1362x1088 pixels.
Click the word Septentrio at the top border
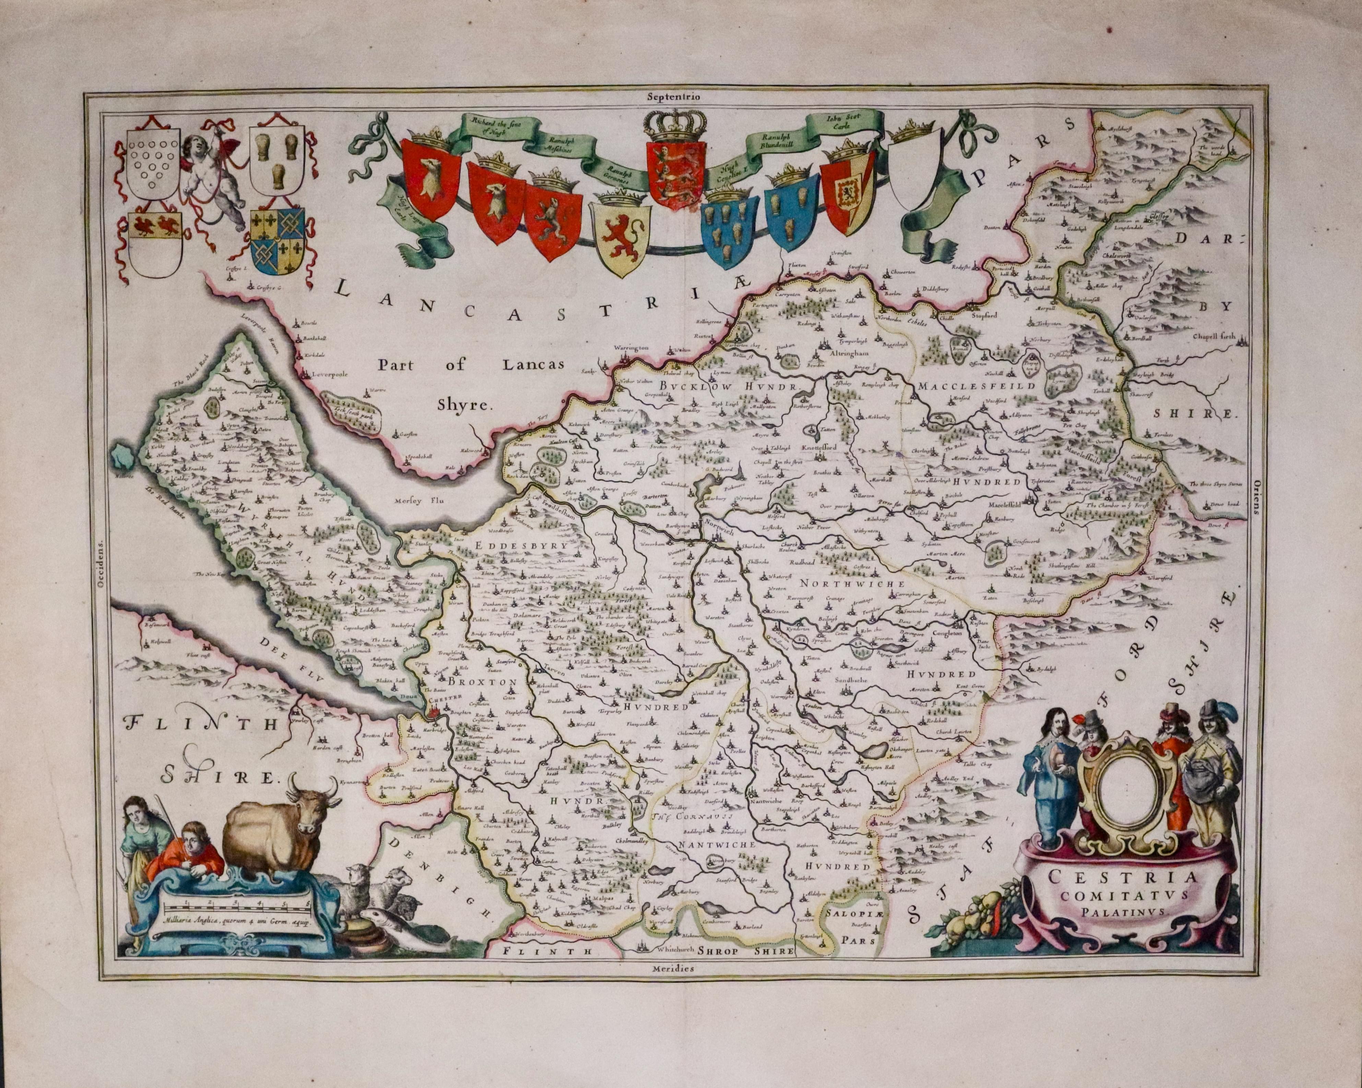[x=673, y=97]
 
